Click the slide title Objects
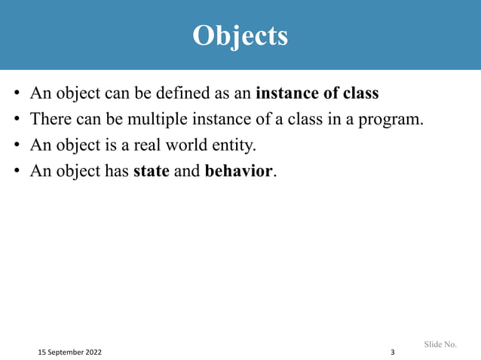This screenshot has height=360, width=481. tap(240, 35)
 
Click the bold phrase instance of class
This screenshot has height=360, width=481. tap(317, 95)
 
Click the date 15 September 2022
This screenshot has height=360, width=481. tap(72, 352)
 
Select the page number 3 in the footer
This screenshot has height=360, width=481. tap(392, 352)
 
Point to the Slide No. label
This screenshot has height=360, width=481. tap(440, 344)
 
